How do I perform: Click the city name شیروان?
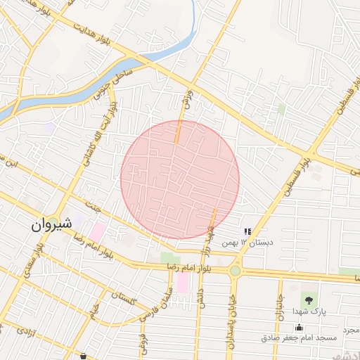click(x=51, y=225)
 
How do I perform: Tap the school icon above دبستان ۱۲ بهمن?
click(x=247, y=231)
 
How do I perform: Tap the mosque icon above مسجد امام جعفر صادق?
click(x=300, y=326)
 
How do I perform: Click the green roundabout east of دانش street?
click(x=235, y=271)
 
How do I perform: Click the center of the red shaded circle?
click(x=180, y=179)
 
